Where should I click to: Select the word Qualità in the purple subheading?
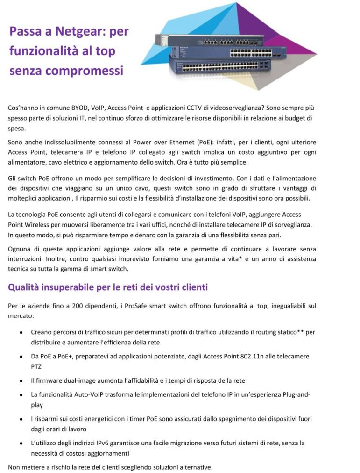coord(26,287)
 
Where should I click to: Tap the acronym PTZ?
coord(37,366)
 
